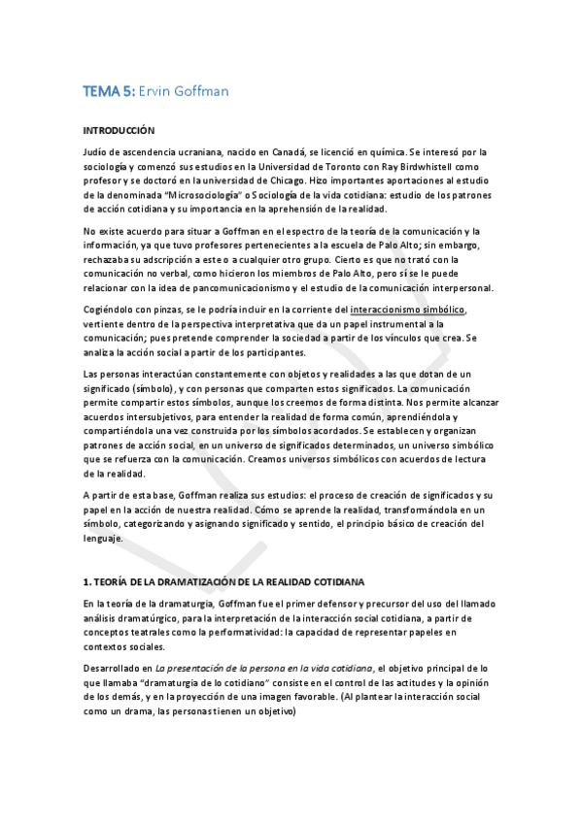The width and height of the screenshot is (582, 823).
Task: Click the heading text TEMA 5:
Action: click(x=108, y=92)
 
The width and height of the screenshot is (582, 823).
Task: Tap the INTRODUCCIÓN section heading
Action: click(x=120, y=129)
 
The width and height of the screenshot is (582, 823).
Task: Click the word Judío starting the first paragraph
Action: click(x=95, y=152)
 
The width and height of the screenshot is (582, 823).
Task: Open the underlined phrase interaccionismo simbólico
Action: click(x=410, y=310)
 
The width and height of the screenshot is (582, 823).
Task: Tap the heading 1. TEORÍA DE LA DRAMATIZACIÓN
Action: click(x=223, y=581)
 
